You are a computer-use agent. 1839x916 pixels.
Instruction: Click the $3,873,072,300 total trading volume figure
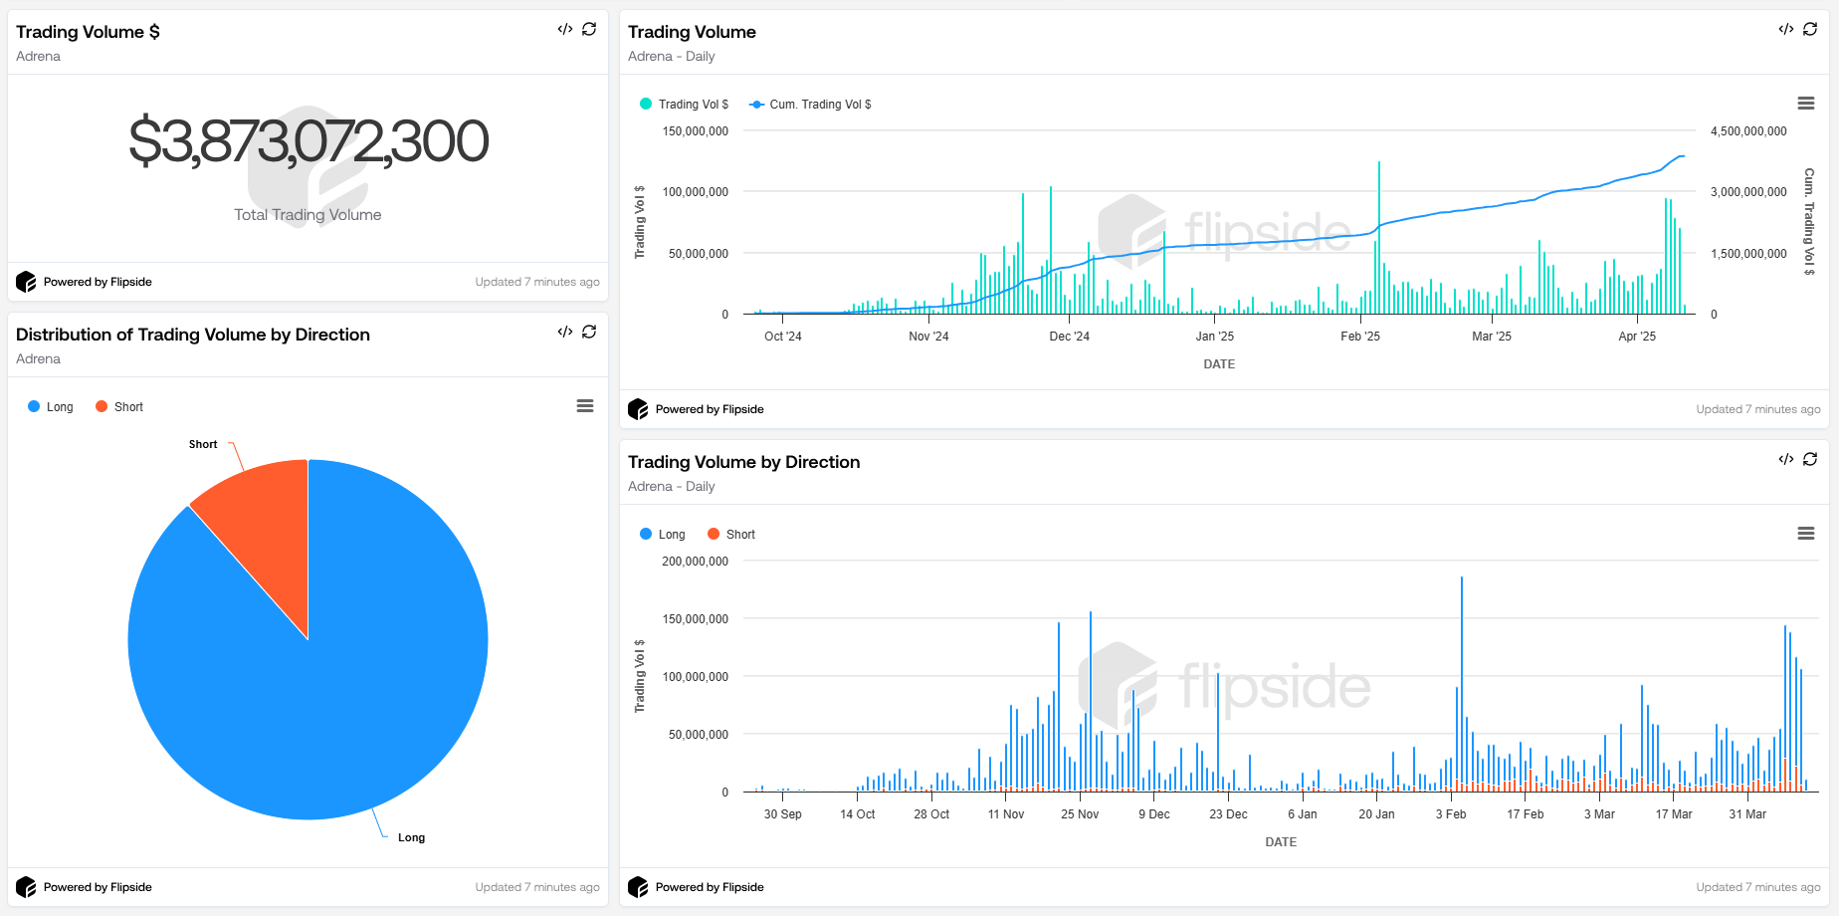point(308,141)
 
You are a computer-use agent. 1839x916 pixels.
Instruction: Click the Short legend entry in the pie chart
point(119,407)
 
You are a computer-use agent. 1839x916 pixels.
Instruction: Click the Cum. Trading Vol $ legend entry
point(810,105)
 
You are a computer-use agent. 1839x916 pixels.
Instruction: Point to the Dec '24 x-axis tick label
point(1069,337)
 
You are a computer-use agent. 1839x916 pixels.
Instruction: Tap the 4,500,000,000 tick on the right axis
point(1748,131)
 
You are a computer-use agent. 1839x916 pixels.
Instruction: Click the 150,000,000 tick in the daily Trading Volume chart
point(696,131)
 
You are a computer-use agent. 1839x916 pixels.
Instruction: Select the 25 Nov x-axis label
point(1080,814)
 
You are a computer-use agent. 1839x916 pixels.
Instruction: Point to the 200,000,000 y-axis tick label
point(696,562)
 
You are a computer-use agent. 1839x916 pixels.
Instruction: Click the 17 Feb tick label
point(1525,814)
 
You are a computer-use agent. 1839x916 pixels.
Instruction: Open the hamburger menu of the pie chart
point(585,406)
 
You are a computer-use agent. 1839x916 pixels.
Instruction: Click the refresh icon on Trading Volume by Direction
point(1810,459)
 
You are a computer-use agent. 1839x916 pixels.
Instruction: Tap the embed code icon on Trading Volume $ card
point(565,29)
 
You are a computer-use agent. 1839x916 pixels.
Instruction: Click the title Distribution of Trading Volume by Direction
point(193,335)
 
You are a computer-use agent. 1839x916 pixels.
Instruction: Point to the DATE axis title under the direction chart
point(1281,842)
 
